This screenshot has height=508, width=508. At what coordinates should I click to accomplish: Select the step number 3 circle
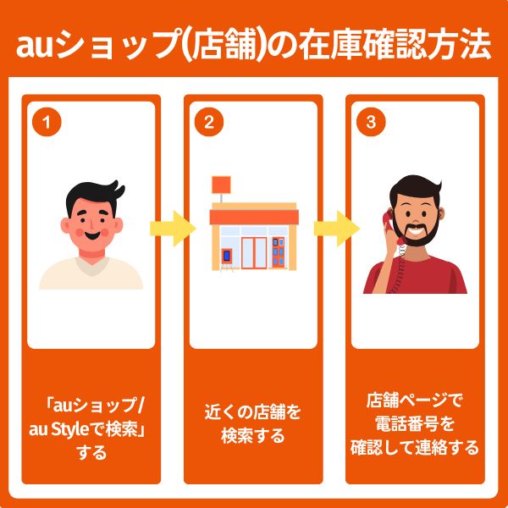pos(370,122)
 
